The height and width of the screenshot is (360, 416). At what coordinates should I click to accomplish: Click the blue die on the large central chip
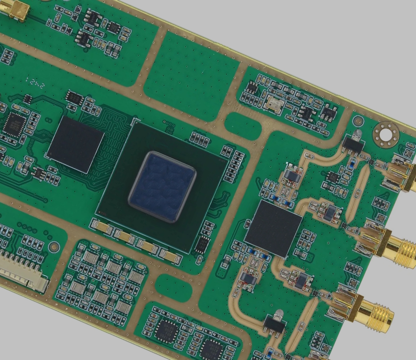[162, 186]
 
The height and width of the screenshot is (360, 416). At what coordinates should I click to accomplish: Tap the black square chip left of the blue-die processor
[76, 145]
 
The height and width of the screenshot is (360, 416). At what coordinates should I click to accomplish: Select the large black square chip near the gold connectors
[273, 228]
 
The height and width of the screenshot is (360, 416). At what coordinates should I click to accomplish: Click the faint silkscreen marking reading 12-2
[35, 83]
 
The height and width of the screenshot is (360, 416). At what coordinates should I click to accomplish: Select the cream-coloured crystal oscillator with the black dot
[274, 105]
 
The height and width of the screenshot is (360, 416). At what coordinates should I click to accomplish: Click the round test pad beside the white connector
[54, 247]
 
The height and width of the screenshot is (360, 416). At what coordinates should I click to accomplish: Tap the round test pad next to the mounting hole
[358, 121]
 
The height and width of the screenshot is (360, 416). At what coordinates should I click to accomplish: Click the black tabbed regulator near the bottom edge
[274, 324]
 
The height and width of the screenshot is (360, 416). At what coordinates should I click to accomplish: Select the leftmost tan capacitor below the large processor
[102, 226]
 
